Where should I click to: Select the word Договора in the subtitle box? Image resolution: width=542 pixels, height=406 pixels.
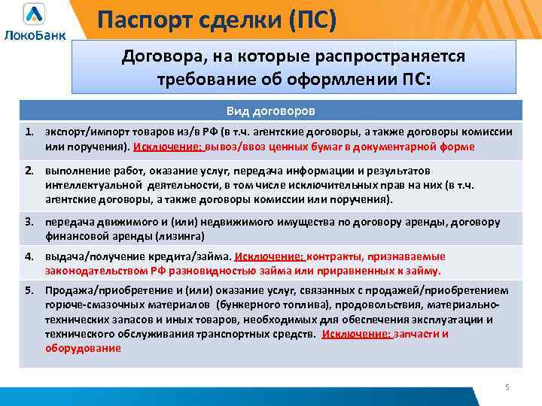tap(157, 57)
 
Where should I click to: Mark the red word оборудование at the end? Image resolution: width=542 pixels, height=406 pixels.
tap(82, 348)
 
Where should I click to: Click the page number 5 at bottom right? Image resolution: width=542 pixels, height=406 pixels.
tap(507, 386)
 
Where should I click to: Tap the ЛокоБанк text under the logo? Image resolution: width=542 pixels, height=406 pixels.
tap(35, 35)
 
